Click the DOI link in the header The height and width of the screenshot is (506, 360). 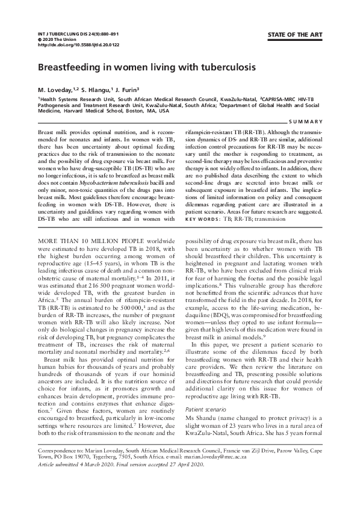pyautogui.click(x=70, y=45)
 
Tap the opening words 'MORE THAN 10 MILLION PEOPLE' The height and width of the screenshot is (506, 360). pyautogui.click(x=85, y=240)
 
